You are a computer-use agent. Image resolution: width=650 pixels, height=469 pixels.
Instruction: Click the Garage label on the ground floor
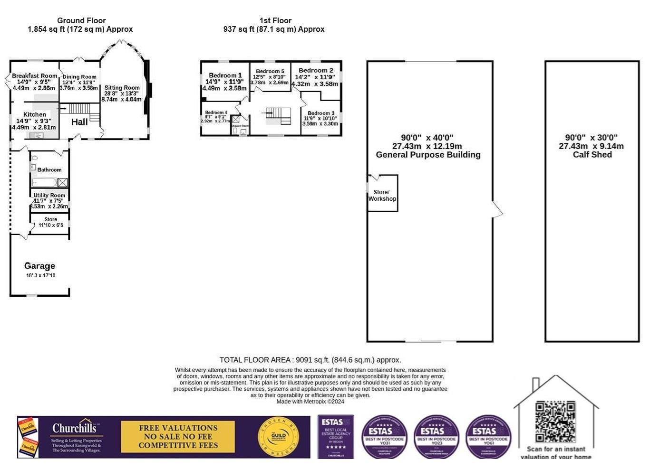pos(39,266)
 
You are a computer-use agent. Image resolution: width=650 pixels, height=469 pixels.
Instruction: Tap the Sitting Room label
pos(122,88)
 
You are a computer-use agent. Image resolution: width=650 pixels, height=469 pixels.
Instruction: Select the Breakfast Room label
pos(34,76)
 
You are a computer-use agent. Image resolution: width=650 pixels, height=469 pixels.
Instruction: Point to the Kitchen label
pos(35,114)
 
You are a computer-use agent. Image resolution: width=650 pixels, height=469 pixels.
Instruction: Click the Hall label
pos(79,122)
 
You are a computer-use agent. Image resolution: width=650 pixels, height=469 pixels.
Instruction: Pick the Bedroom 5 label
pos(270,71)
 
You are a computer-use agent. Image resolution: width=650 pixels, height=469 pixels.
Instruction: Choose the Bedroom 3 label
pos(320,113)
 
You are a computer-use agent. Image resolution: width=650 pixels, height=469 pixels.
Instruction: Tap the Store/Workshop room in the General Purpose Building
pos(382,195)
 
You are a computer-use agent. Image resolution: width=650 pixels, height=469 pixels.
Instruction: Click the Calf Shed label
pos(592,155)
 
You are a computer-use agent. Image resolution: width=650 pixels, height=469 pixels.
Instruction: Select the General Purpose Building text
pos(428,155)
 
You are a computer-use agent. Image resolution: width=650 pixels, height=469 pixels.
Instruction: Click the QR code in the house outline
pos(555,422)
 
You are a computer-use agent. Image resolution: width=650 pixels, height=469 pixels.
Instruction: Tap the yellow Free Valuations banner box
pos(178,437)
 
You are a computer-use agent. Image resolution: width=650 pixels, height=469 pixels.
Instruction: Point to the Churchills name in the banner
pos(77,428)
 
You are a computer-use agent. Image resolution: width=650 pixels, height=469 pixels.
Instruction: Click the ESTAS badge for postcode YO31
pos(384,437)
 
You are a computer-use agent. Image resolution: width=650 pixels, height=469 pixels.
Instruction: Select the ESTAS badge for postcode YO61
pos(488,437)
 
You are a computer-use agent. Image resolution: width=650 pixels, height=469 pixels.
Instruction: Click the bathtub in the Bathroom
pos(44,182)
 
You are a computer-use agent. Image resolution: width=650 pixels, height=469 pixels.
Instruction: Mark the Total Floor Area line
pos(310,360)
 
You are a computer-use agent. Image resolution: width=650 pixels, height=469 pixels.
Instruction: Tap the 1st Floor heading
pos(275,20)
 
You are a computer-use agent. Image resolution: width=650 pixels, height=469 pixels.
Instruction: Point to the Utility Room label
pos(49,195)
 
